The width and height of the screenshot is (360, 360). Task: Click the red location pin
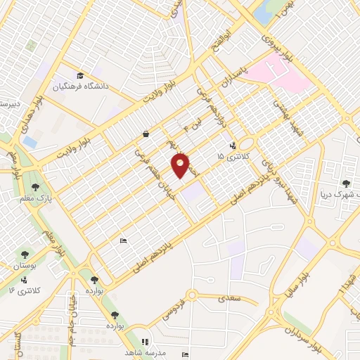(x=181, y=165)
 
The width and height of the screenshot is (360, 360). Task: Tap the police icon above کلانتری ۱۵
(x=231, y=147)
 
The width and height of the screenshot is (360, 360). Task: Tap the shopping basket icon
(x=145, y=133)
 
